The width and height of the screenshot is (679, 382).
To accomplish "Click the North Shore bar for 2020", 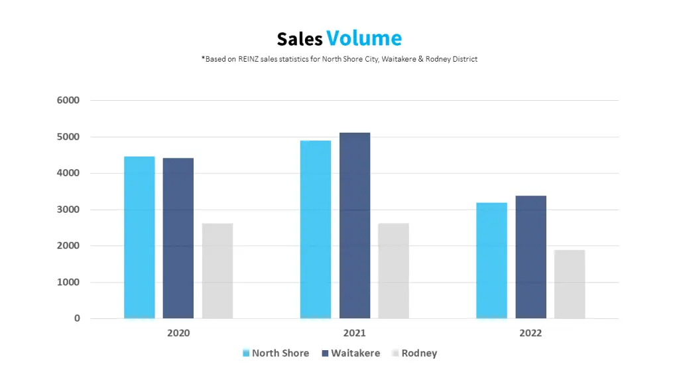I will [139, 237].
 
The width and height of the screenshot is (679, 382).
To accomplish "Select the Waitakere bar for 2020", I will [178, 238].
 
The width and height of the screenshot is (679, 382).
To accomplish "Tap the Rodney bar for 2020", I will [217, 271].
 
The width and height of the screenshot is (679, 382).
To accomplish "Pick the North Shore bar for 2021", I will [316, 229].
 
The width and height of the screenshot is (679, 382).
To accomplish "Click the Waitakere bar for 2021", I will [355, 225].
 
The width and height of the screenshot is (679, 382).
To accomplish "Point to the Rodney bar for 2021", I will [393, 271].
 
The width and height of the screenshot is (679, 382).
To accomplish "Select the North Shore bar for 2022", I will [491, 261].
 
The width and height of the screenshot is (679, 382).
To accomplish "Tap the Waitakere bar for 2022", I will [530, 257].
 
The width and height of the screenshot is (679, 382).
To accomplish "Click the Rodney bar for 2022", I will [570, 284].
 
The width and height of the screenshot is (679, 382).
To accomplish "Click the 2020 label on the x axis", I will [178, 333].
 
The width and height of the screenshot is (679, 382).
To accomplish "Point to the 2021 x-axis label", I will [354, 333].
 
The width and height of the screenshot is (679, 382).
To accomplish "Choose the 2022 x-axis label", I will [530, 333].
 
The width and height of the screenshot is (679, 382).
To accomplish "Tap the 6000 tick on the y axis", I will [68, 101].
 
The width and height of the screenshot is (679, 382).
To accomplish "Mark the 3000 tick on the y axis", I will [68, 210].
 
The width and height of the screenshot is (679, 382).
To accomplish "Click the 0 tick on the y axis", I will [77, 318].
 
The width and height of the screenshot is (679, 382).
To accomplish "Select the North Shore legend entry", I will [275, 353].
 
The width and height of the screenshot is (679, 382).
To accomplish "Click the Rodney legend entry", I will [414, 353].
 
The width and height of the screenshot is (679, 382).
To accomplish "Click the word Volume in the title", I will [364, 38].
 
